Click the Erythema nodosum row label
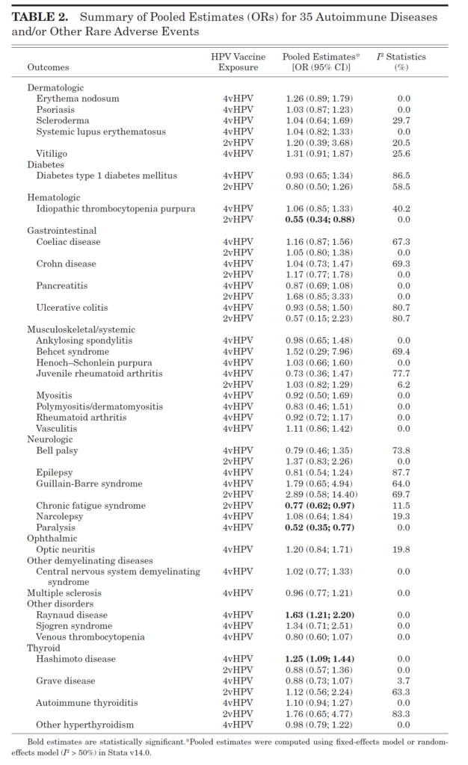click(78, 99)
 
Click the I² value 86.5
click(403, 176)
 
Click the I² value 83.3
click(403, 714)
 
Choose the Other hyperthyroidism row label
click(84, 725)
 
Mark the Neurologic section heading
click(49, 440)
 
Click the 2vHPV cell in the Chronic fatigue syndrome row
click(238, 506)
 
